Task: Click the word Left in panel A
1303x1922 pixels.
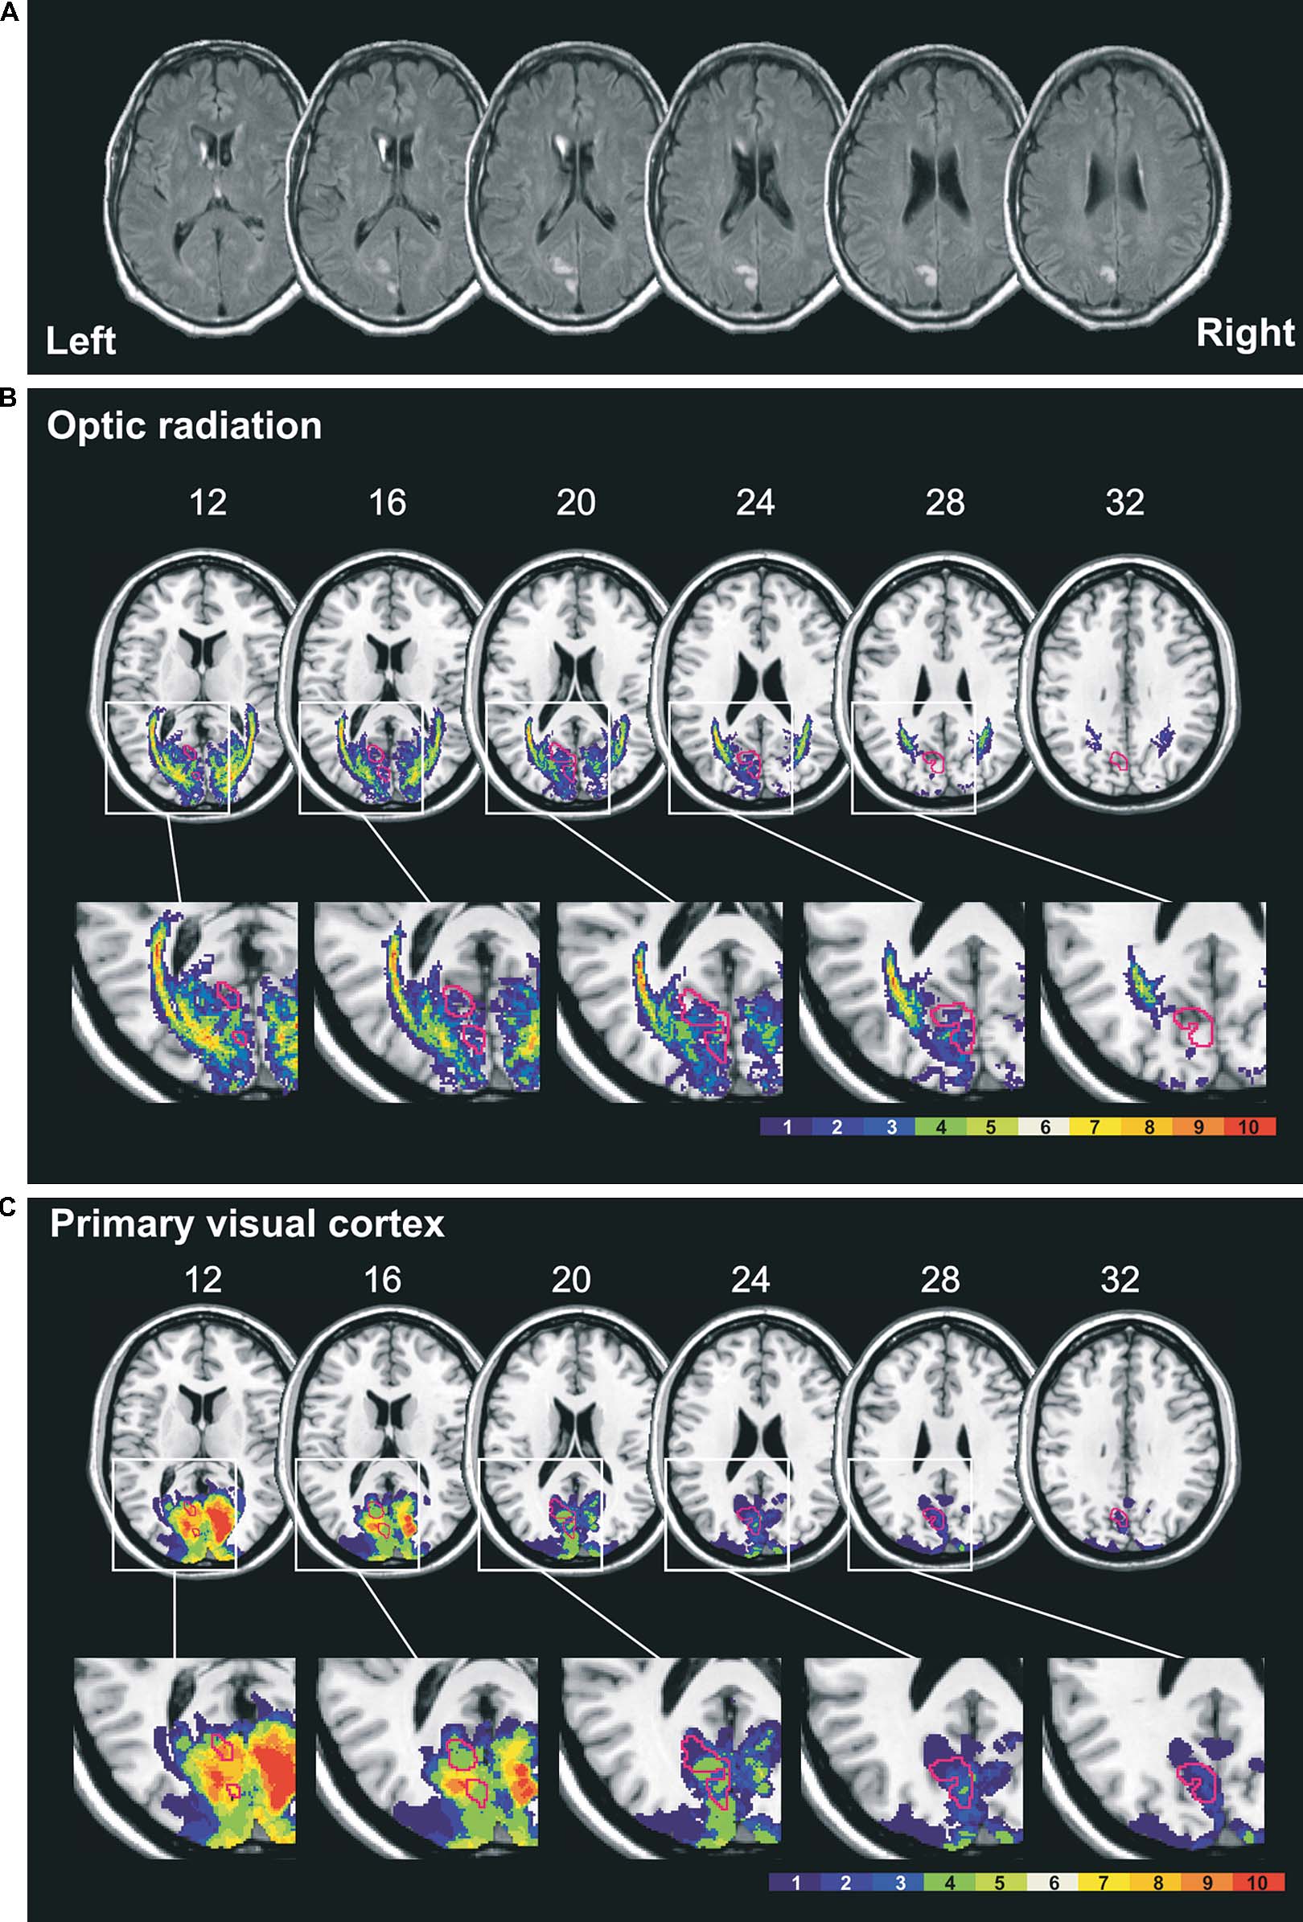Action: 80,341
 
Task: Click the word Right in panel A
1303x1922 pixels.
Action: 1244,333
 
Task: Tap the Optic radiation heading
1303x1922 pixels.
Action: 183,426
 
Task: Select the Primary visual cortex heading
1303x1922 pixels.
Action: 247,1223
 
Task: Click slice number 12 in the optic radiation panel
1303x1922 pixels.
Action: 208,502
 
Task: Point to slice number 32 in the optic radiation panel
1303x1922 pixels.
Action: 1124,502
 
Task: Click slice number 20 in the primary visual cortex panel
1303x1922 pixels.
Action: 571,1280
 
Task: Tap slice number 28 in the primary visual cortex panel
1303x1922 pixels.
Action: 940,1280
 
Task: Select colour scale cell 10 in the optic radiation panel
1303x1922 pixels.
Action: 1248,1126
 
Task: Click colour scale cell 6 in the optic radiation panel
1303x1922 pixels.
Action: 1045,1126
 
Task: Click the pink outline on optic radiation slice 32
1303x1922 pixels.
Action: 1118,760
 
